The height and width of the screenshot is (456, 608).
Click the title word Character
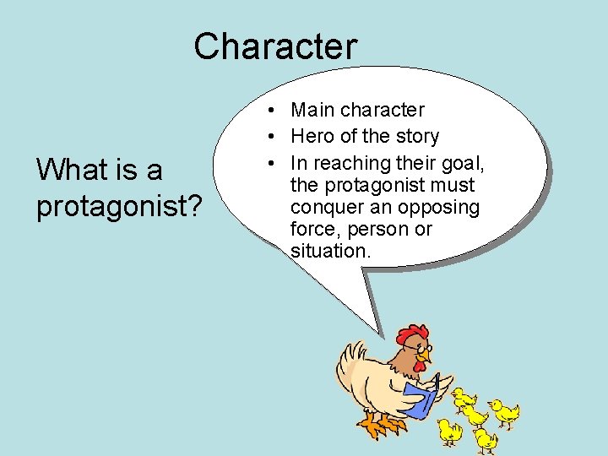(275, 46)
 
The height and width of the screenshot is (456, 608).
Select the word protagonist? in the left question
(119, 206)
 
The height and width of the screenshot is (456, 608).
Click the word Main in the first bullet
(312, 110)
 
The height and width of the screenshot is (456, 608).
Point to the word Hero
(310, 136)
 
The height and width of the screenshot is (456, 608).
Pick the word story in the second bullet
(416, 136)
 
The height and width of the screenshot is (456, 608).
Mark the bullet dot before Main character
(266, 111)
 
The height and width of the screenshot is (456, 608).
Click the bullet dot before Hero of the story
(266, 137)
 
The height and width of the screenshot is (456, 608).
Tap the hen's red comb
(411, 334)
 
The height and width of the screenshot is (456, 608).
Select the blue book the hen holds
(420, 398)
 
